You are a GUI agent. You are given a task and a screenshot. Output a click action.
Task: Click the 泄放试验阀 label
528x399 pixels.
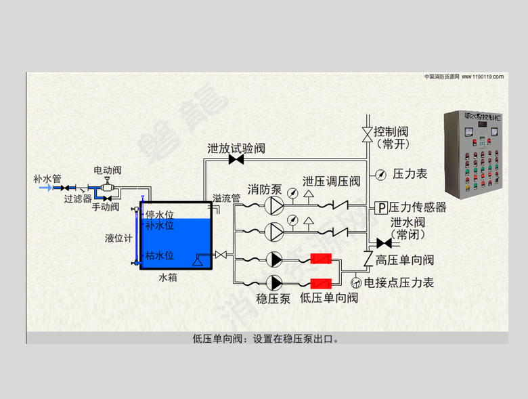pyautogui.click(x=236, y=148)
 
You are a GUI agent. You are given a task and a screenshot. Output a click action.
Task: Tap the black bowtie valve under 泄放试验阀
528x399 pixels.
pyautogui.click(x=236, y=160)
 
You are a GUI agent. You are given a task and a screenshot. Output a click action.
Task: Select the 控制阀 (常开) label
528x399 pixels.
pyautogui.click(x=393, y=137)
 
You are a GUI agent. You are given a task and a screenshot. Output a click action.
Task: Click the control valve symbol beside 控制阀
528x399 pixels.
pyautogui.click(x=367, y=133)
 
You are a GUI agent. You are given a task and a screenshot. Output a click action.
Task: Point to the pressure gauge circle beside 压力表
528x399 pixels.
pyautogui.click(x=381, y=174)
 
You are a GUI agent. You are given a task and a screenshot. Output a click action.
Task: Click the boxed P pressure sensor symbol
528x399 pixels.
pyautogui.click(x=381, y=207)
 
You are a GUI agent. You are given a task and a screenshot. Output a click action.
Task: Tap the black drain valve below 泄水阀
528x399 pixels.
pyautogui.click(x=384, y=243)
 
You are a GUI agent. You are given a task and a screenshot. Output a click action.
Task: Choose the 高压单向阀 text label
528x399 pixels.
pyautogui.click(x=405, y=259)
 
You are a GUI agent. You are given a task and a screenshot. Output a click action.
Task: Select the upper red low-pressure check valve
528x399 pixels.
pyautogui.click(x=320, y=259)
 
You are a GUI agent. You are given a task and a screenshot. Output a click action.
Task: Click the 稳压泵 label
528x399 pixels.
pyautogui.click(x=273, y=298)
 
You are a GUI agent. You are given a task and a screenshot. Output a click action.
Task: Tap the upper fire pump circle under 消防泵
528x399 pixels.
pyautogui.click(x=274, y=205)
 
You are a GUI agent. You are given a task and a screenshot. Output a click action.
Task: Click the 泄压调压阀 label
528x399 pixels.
pyautogui.click(x=331, y=182)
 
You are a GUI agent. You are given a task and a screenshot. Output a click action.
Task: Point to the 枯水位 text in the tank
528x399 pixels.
pyautogui.click(x=160, y=255)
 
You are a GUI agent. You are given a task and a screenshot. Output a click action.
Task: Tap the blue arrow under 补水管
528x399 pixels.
pyautogui.click(x=45, y=188)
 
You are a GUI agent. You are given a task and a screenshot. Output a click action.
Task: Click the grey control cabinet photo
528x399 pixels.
pyautogui.click(x=475, y=154)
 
